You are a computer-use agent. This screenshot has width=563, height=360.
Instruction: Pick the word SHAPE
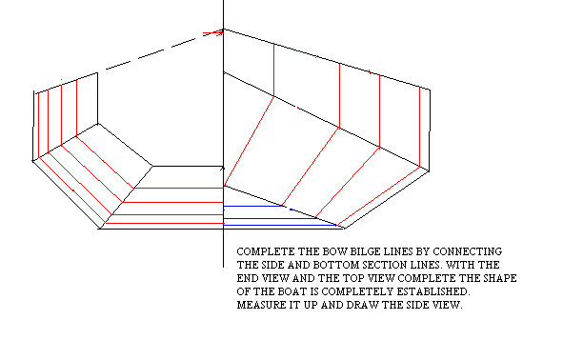[500, 278]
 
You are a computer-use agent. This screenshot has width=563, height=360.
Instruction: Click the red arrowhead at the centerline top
[219, 32]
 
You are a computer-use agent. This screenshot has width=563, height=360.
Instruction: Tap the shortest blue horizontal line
[252, 206]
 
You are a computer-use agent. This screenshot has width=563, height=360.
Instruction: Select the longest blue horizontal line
[280, 226]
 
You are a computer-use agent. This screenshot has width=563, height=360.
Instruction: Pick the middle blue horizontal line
[270, 218]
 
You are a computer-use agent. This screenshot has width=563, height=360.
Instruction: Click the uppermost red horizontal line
[179, 188]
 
